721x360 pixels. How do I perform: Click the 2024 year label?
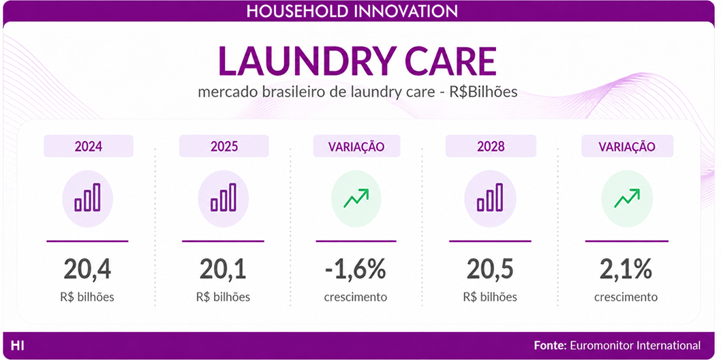point(89,147)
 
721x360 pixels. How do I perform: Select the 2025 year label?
point(224,147)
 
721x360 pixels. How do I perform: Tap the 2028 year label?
point(491,147)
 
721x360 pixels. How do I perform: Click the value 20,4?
point(87,269)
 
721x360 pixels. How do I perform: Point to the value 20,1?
point(223,269)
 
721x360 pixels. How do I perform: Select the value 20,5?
point(490,269)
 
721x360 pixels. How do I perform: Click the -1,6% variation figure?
point(355,269)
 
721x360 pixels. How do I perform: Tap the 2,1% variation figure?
point(626,269)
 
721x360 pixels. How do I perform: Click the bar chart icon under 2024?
point(87,198)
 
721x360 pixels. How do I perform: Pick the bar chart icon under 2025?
point(224,198)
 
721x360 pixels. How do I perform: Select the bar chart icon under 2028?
point(490,198)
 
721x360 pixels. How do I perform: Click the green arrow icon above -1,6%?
point(356,198)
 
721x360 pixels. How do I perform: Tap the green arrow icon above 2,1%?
point(627,198)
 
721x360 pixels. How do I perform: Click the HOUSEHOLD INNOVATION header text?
point(352,11)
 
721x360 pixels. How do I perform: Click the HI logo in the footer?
point(18,345)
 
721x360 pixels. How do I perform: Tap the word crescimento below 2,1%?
point(626,297)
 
